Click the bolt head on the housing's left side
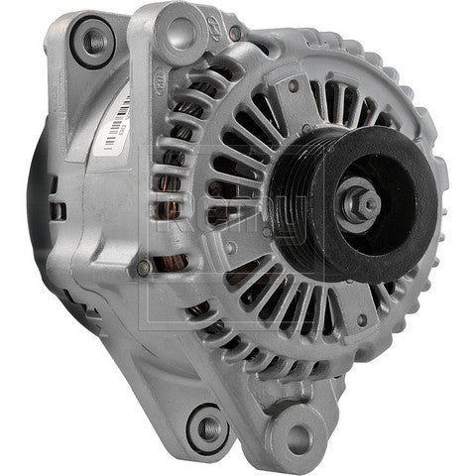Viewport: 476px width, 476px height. (x=144, y=267)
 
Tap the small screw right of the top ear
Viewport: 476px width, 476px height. (x=235, y=35)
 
